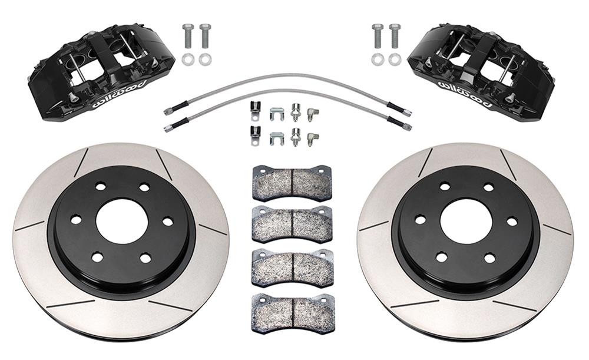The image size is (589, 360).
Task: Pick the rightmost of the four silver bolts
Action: pyautogui.click(x=395, y=37)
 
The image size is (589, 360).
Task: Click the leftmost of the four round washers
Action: pyautogui.click(x=188, y=59)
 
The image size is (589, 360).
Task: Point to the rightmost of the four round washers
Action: pyautogui.click(x=395, y=59)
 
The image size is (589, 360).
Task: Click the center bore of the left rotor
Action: pyautogui.click(x=121, y=220)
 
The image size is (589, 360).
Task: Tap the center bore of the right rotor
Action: pyautogui.click(x=465, y=220)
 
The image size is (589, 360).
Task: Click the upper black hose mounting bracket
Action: pyautogui.click(x=255, y=109)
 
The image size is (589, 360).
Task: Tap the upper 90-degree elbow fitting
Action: pyautogui.click(x=314, y=111)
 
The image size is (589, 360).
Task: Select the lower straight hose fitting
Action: pyautogui.click(x=294, y=137)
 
